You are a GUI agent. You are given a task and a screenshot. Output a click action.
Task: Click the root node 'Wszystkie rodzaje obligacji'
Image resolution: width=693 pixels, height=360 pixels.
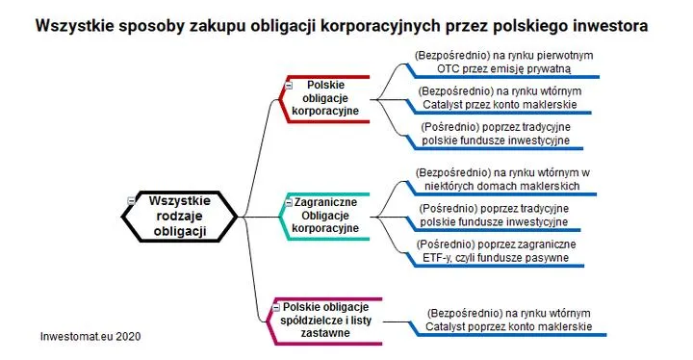180,216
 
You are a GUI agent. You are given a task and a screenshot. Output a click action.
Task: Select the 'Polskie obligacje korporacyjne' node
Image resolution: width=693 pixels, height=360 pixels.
325,98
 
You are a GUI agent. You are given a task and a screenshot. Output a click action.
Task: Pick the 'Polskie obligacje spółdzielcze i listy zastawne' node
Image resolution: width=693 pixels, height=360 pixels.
319,319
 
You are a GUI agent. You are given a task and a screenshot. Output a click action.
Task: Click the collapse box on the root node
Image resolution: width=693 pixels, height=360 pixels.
130,199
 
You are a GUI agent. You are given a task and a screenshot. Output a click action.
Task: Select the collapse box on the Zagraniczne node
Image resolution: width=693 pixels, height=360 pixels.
286,203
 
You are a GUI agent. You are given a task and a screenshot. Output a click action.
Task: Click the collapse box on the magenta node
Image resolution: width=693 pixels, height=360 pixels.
277,306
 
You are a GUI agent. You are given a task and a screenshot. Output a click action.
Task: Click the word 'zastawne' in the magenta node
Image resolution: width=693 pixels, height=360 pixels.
319,332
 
